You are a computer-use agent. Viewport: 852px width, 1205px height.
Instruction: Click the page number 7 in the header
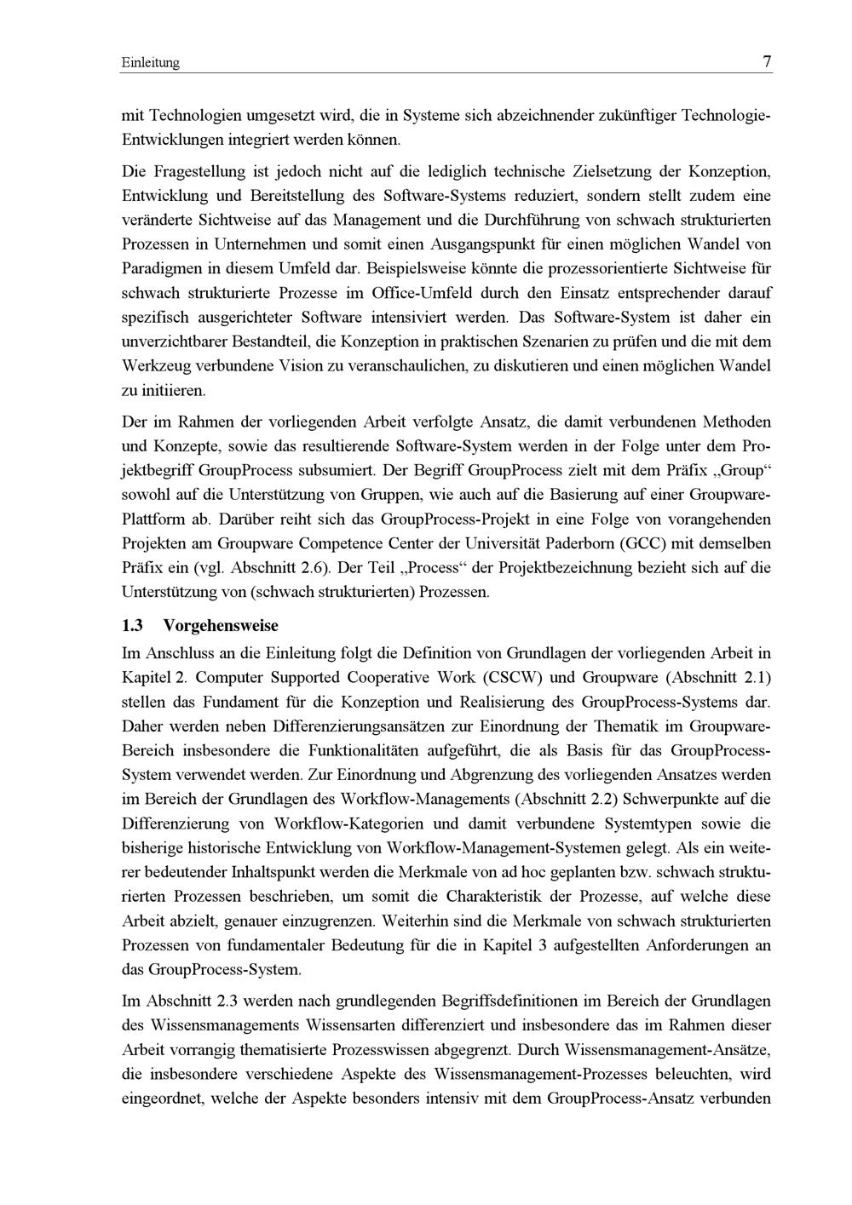(x=767, y=62)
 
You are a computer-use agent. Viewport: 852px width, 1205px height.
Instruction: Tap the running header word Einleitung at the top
(x=151, y=63)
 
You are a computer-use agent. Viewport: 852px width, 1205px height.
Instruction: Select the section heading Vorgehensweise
(x=221, y=626)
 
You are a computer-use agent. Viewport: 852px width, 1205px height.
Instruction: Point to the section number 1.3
(x=132, y=626)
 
